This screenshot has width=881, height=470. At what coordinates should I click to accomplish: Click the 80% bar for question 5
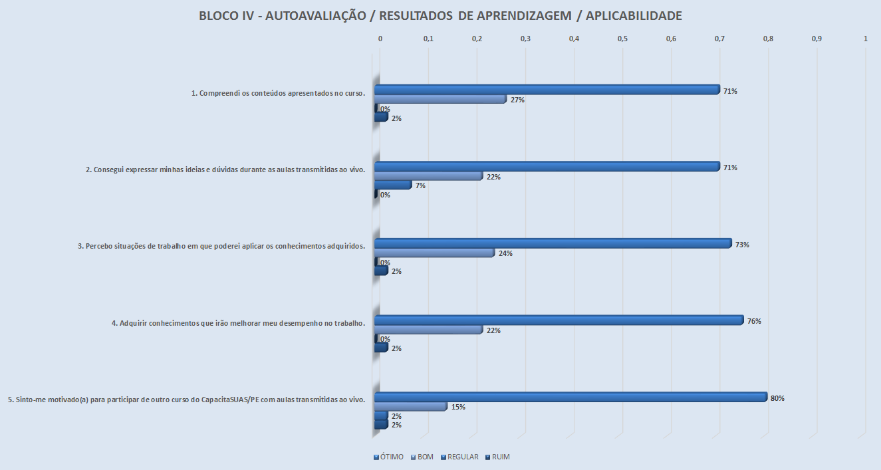click(570, 398)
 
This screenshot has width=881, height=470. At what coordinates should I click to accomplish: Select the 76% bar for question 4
click(559, 320)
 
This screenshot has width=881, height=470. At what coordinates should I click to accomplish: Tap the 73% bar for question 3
click(553, 244)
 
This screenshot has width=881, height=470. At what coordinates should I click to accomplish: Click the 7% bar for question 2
click(393, 185)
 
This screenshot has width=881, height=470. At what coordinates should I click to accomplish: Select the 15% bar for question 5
click(410, 407)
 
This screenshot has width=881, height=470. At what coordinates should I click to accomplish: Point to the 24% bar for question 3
click(434, 253)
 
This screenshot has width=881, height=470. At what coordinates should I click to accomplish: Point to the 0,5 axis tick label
click(622, 39)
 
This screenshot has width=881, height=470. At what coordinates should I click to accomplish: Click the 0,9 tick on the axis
click(817, 39)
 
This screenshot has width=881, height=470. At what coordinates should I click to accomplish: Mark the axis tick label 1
click(865, 39)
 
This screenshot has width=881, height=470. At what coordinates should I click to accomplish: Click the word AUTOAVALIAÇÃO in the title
click(314, 16)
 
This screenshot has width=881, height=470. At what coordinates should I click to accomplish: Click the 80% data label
click(777, 399)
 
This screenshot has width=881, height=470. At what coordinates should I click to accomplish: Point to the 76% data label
click(753, 322)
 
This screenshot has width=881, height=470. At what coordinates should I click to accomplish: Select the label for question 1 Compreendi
click(279, 93)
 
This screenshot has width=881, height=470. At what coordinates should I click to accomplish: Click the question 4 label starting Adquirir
click(239, 324)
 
